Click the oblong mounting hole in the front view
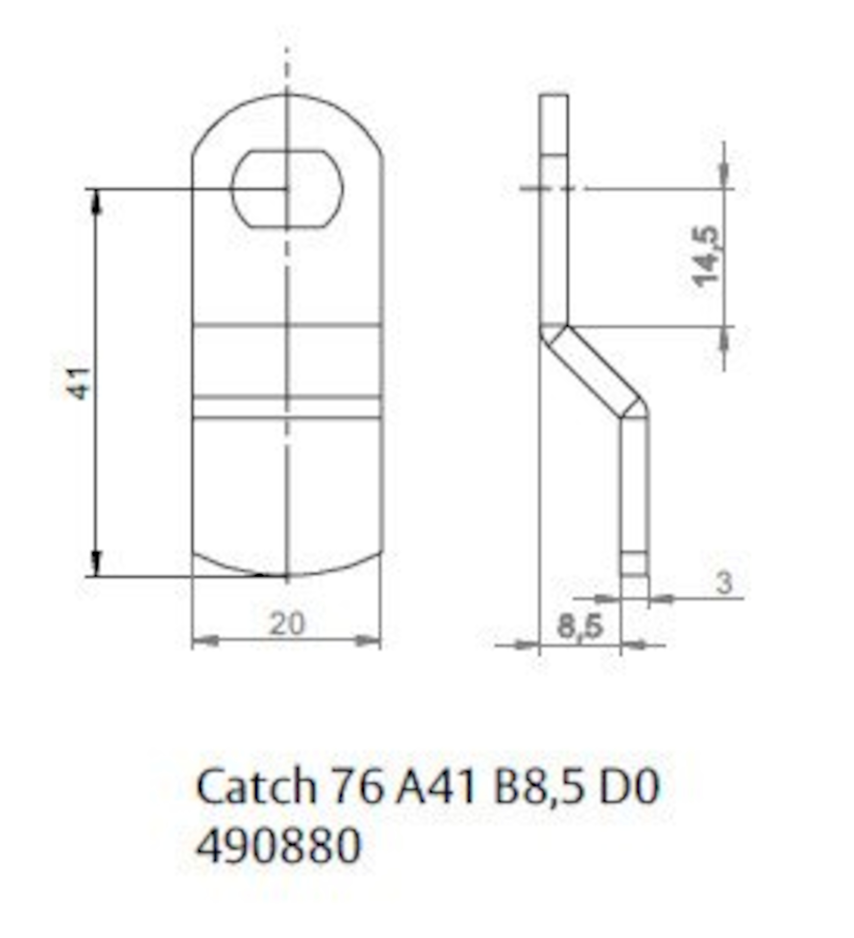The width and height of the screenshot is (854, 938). pos(287,188)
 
